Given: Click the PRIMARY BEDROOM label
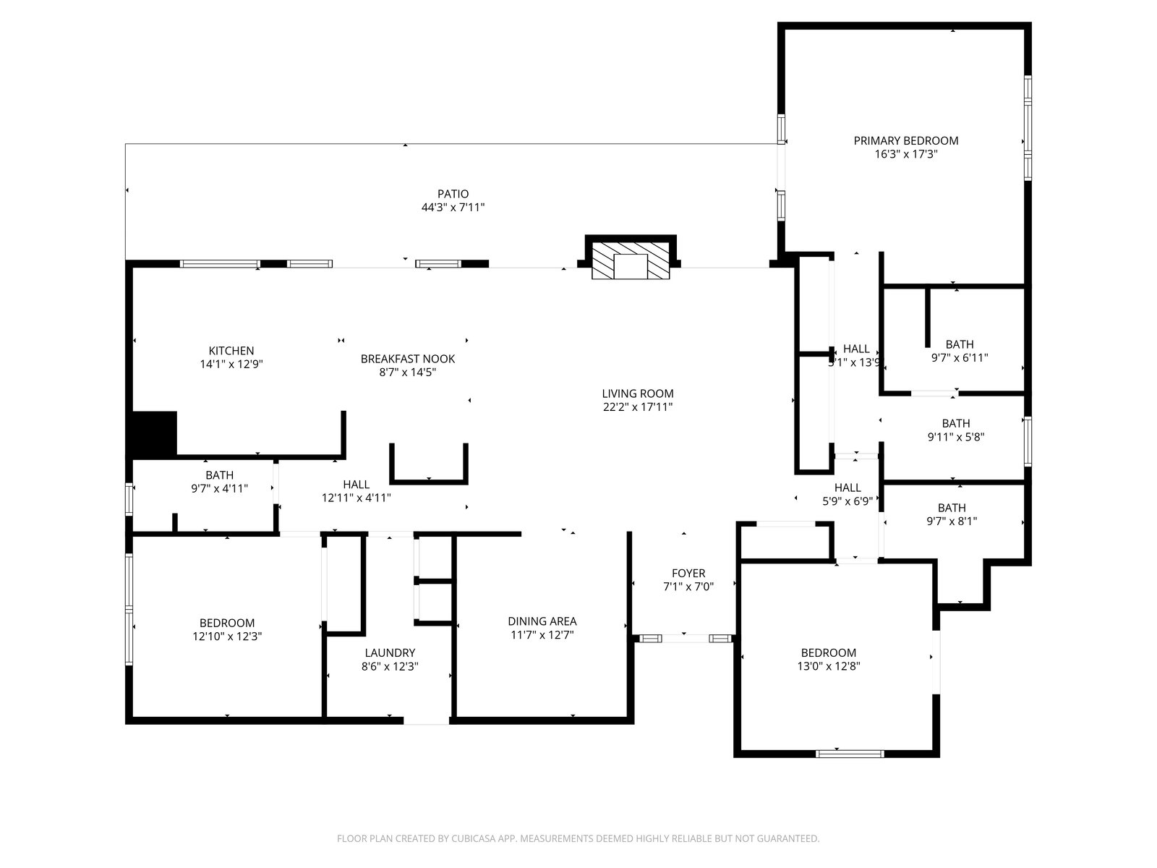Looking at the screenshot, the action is click(x=905, y=141).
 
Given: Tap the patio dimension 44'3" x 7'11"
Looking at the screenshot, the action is click(x=453, y=208).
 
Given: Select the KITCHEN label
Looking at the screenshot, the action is click(x=231, y=351).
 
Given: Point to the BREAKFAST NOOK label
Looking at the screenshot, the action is click(x=407, y=359).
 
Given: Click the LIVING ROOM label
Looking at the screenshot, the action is click(x=638, y=393).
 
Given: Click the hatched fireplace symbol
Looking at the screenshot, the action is click(x=631, y=260).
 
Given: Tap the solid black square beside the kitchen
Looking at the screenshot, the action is click(x=154, y=433).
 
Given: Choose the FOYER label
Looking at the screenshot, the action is click(x=688, y=574).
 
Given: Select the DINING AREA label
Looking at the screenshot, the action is click(x=542, y=621).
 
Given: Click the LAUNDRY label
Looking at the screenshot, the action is click(x=390, y=653).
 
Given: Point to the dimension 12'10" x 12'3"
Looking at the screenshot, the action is click(x=227, y=637).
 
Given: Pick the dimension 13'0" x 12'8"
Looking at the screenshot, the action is click(x=829, y=666).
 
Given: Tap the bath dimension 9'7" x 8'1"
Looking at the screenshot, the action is click(x=952, y=522).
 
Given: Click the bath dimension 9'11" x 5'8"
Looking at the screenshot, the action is click(x=956, y=437).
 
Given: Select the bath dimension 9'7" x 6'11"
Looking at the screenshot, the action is click(x=960, y=358).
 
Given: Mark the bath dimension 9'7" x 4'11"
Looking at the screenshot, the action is click(x=219, y=488).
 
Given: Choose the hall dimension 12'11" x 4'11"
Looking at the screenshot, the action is click(x=357, y=498).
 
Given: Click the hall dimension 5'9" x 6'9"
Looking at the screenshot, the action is click(x=848, y=501).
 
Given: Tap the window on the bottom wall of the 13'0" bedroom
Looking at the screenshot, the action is click(x=850, y=754).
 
